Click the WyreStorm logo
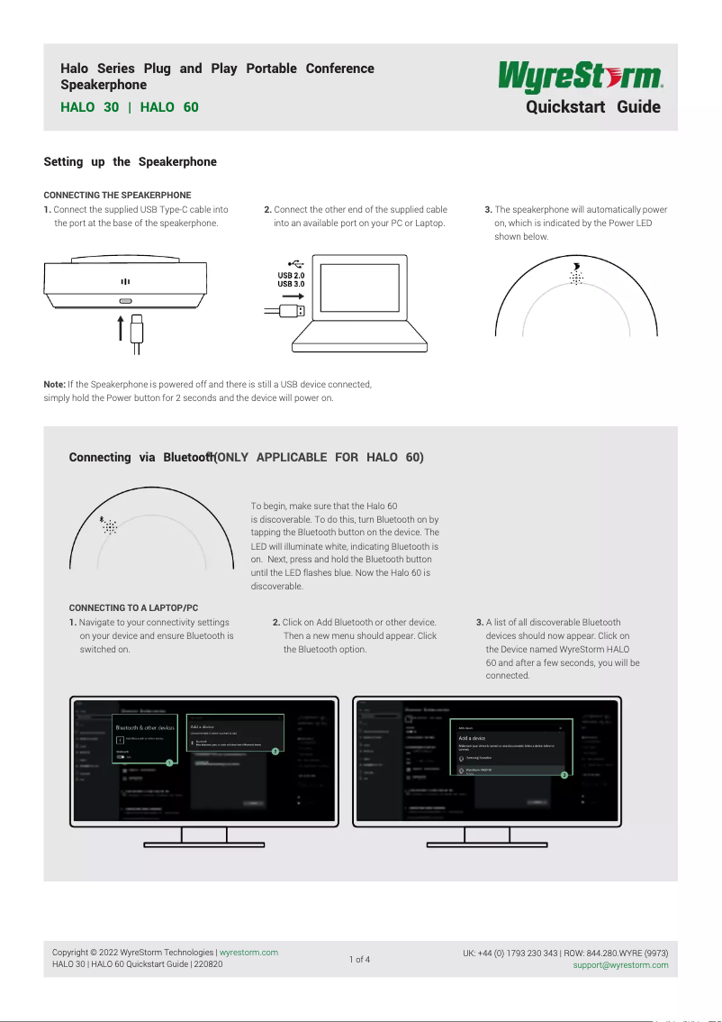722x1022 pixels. click(x=581, y=77)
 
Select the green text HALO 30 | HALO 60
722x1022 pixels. click(x=129, y=107)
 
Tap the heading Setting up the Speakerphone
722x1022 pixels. click(x=131, y=162)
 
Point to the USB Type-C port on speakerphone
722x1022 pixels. click(x=125, y=301)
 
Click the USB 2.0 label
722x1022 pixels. click(x=291, y=275)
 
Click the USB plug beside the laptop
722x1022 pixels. click(x=293, y=311)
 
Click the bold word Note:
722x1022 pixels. click(x=55, y=385)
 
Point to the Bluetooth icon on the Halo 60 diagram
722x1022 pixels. click(x=102, y=519)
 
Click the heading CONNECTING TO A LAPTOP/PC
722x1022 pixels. click(x=133, y=608)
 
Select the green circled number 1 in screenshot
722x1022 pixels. click(x=168, y=762)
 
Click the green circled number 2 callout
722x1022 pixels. click(x=275, y=751)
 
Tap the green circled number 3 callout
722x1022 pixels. click(x=564, y=774)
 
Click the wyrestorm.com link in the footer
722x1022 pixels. click(x=249, y=953)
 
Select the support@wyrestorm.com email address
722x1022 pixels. click(x=621, y=965)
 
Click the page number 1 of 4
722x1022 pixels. click(x=359, y=959)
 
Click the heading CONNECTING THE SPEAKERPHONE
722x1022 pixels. click(x=117, y=196)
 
